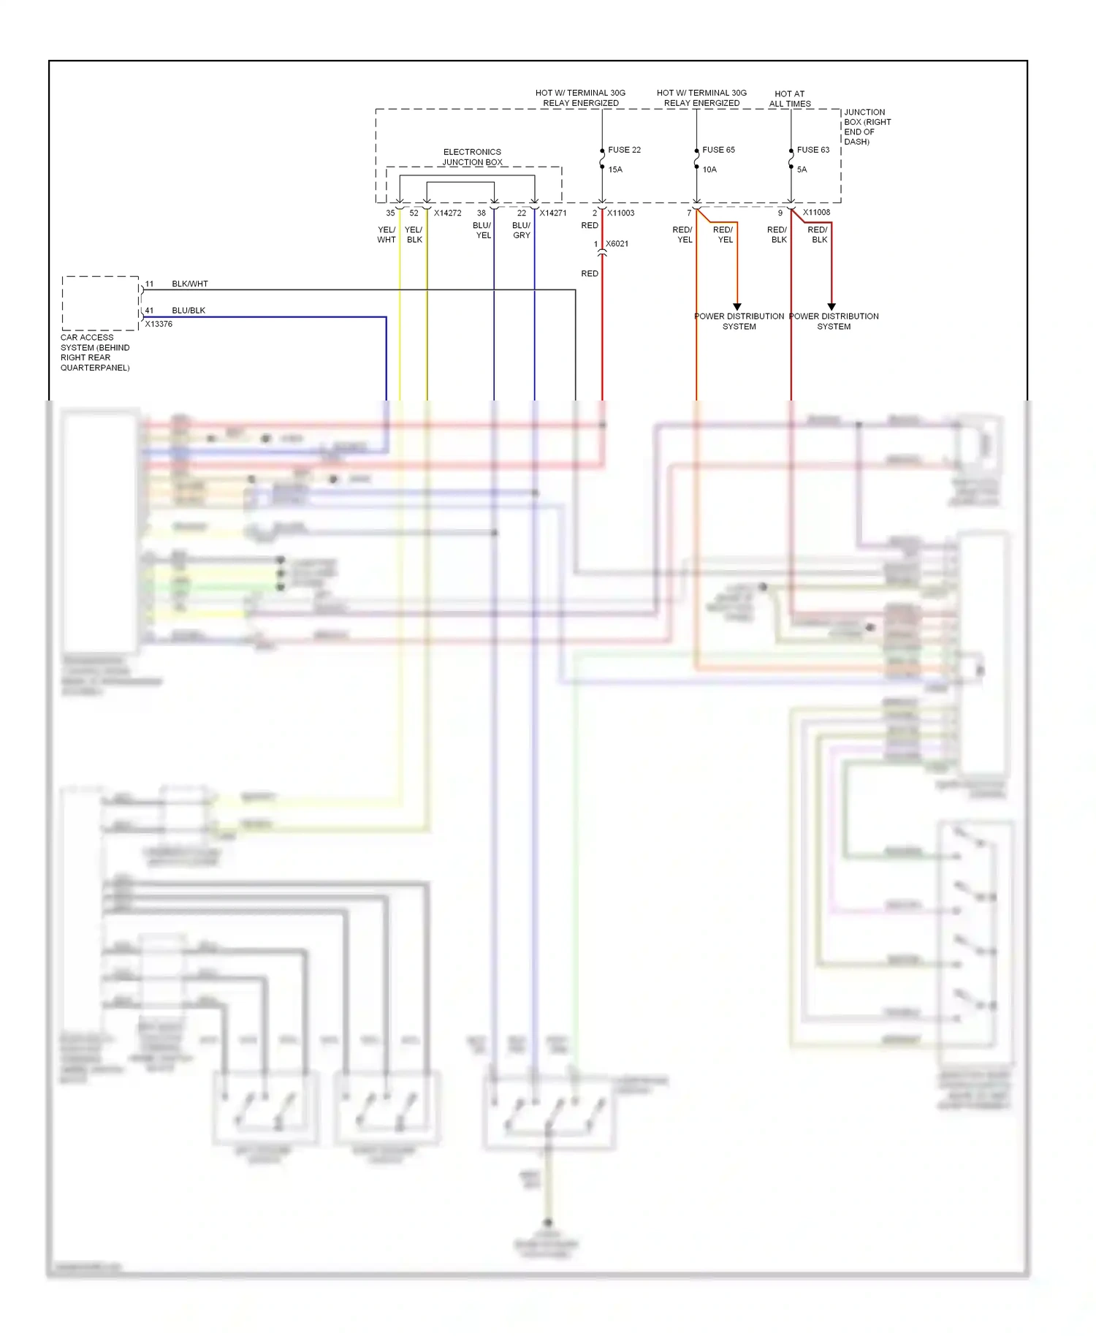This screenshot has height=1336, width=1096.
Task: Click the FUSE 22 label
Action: click(x=624, y=150)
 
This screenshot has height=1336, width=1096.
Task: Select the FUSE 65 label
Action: click(x=718, y=150)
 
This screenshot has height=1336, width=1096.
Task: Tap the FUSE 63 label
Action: click(x=813, y=150)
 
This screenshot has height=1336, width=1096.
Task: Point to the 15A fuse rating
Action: click(x=615, y=170)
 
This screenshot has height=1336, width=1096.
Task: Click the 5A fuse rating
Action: click(x=802, y=170)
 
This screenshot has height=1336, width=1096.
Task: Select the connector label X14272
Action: click(x=447, y=213)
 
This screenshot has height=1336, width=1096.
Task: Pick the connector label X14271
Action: click(x=552, y=213)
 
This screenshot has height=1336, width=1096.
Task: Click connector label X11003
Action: click(x=620, y=213)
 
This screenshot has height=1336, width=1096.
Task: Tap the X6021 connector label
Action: click(x=617, y=244)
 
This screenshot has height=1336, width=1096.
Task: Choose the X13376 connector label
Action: click(x=159, y=324)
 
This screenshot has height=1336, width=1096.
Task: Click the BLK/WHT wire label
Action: click(x=190, y=284)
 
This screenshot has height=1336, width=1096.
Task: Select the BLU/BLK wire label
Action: click(x=189, y=311)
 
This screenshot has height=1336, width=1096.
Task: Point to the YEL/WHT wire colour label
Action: click(x=387, y=235)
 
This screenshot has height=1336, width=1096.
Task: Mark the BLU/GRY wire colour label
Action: click(x=521, y=230)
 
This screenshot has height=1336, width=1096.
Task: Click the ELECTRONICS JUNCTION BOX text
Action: click(x=472, y=157)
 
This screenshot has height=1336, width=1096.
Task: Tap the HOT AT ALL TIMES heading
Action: click(x=789, y=99)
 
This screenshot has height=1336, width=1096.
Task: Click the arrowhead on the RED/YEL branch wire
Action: click(x=737, y=307)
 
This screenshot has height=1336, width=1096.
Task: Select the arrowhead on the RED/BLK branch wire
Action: click(x=831, y=307)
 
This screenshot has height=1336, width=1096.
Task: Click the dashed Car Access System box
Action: click(x=100, y=303)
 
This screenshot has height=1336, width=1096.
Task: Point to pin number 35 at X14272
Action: click(x=390, y=213)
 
